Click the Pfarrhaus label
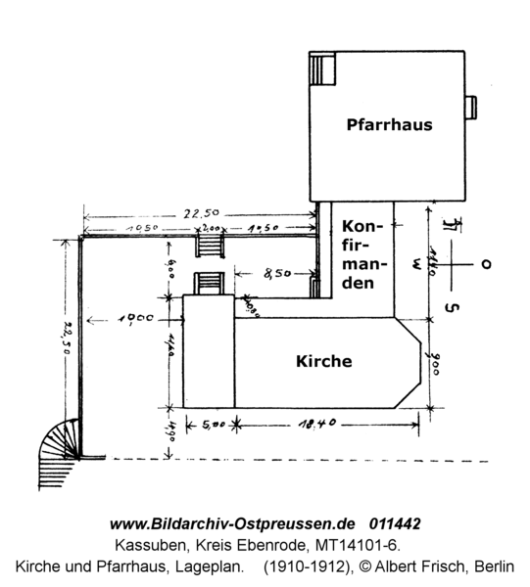click(x=389, y=125)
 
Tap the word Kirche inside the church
click(x=323, y=361)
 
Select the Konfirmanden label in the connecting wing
click(x=365, y=252)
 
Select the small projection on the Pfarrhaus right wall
click(x=470, y=105)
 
